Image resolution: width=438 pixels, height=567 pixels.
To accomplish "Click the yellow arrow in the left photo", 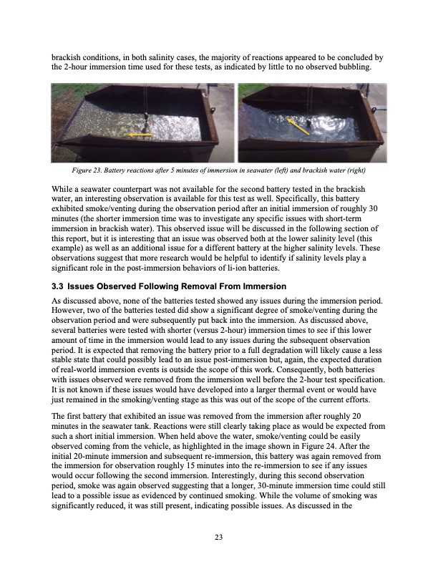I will (139, 134).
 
